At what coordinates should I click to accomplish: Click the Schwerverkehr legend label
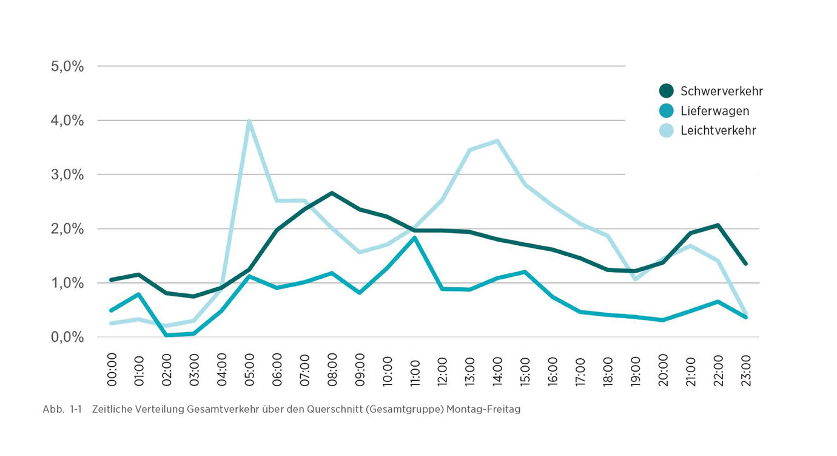click(x=721, y=91)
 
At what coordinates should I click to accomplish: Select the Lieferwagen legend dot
click(x=666, y=111)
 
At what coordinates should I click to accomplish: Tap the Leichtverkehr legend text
click(x=718, y=131)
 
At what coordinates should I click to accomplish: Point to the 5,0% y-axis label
click(x=67, y=66)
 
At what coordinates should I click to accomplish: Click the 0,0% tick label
click(x=67, y=337)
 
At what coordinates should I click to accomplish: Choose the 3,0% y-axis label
click(x=67, y=174)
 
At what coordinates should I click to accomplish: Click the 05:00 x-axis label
click(x=249, y=368)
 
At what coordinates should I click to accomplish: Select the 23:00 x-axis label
click(x=745, y=368)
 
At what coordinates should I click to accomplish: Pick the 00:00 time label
click(x=112, y=368)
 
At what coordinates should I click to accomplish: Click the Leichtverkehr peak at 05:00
click(x=249, y=121)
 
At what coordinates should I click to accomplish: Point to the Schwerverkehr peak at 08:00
click(x=332, y=193)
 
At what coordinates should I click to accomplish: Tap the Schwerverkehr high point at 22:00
click(x=718, y=225)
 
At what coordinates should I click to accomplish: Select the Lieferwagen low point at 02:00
click(x=166, y=335)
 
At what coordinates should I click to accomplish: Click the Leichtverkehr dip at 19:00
click(x=635, y=279)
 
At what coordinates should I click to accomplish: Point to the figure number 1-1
click(x=75, y=409)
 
